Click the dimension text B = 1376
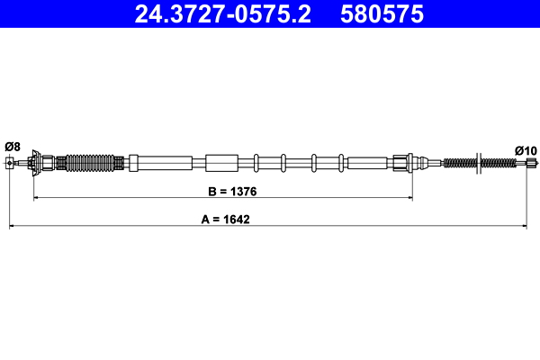pos(223,191)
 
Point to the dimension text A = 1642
pos(223,219)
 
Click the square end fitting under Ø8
pos(11,163)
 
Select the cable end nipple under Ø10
pos(531,163)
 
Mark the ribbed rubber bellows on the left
pos(92,163)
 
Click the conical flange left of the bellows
pos(36,163)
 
